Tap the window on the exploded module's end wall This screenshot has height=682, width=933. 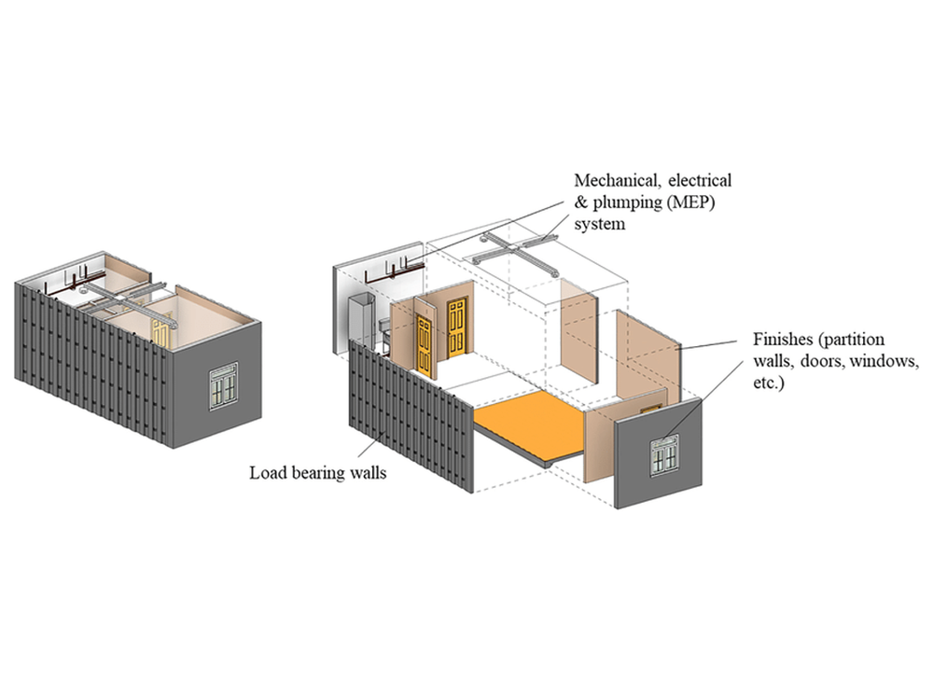(x=664, y=453)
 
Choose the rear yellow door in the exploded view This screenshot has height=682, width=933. (x=457, y=327)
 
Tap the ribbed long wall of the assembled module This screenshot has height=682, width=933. (x=93, y=364)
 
